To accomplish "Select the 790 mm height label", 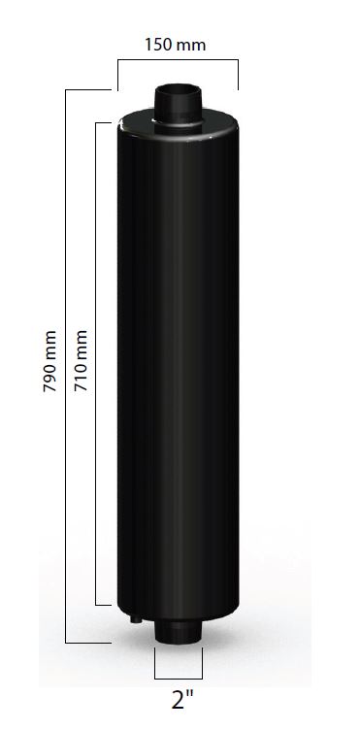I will click(49, 365).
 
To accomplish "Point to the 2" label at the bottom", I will click(179, 700).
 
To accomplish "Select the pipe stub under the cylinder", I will click(179, 633).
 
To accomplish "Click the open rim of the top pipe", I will click(178, 89).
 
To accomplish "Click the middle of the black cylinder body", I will click(178, 369).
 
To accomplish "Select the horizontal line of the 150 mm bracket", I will click(179, 61).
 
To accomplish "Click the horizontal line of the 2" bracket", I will click(179, 677).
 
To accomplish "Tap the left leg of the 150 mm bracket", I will click(117, 75).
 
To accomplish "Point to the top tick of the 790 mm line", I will click(86, 89).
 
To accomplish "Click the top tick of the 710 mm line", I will click(104, 122).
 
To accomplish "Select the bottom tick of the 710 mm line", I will click(104, 604).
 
